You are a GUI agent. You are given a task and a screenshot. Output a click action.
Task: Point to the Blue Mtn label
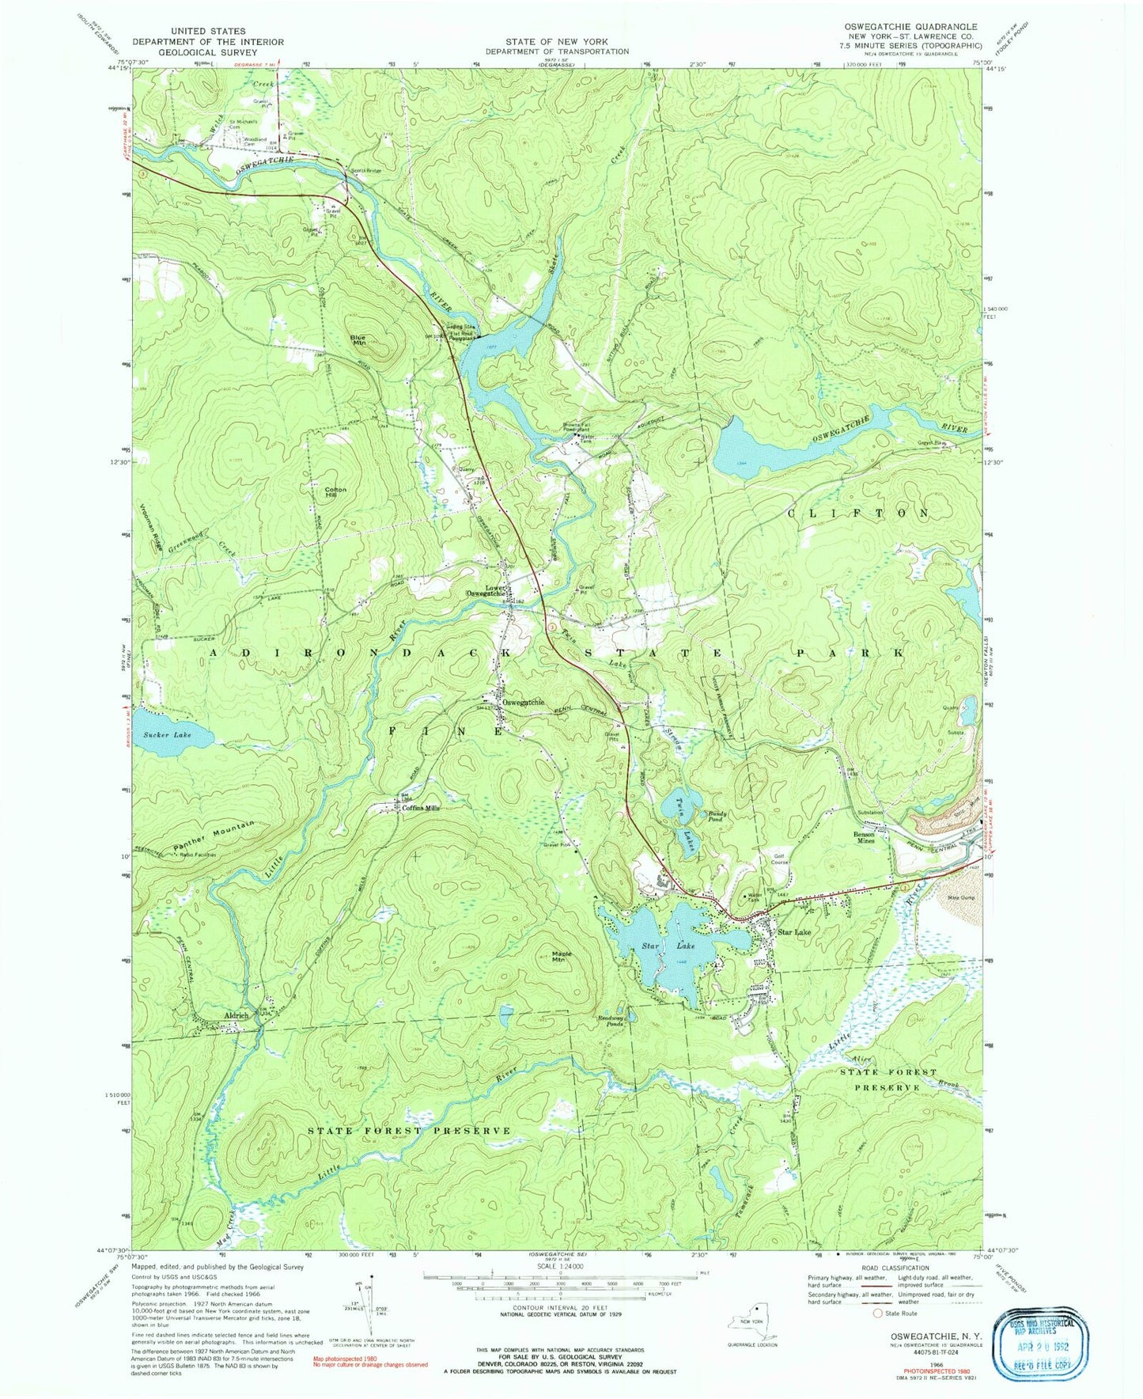coord(358,340)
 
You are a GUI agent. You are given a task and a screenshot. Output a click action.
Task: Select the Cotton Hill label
coord(336,492)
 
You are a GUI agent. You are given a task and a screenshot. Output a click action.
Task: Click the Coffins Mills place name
coord(421,809)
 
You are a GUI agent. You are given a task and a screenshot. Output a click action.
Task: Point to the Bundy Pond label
coord(716,816)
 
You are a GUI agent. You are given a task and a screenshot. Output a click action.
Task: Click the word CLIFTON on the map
coord(858,514)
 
